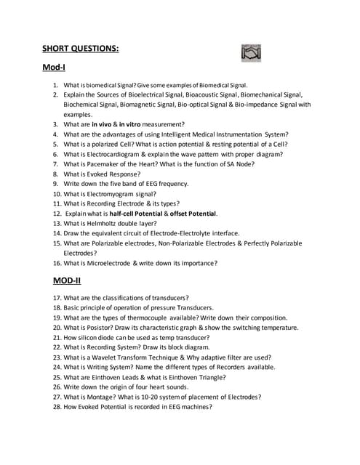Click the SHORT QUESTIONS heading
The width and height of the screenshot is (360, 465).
point(80,49)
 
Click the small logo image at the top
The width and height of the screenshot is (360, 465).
point(251,52)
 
